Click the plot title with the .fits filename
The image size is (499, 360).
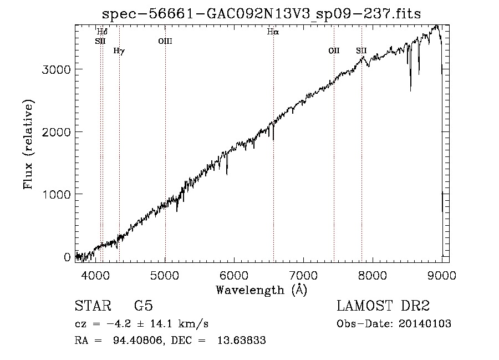click(261, 14)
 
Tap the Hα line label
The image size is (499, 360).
click(273, 32)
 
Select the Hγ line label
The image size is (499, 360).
click(119, 51)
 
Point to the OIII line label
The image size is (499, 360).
click(165, 41)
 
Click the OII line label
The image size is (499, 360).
click(334, 50)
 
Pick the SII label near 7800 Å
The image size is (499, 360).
click(361, 50)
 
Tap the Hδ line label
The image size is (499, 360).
click(102, 32)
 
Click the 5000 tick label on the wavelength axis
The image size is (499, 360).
click(165, 275)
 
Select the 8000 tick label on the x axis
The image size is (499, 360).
click(373, 275)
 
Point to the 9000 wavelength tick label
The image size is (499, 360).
click(442, 275)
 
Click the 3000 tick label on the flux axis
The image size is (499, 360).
click(56, 70)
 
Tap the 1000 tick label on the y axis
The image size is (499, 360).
click(56, 195)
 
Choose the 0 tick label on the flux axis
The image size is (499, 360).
click(67, 257)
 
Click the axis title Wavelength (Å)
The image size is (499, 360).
click(262, 290)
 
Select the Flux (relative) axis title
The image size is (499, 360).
click(29, 144)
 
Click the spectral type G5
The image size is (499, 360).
click(143, 306)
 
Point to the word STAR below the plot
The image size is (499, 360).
click(93, 306)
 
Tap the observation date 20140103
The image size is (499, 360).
click(425, 324)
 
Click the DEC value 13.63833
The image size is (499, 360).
click(242, 340)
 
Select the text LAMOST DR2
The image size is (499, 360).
click(383, 306)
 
